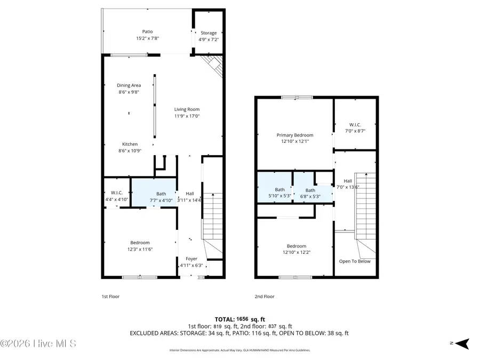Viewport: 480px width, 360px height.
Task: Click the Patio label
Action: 147,31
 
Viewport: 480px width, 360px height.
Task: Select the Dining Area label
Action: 129,85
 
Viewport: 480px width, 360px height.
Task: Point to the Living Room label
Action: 187,109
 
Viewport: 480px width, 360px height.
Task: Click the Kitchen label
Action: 130,144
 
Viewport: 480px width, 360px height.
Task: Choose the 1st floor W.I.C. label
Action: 117,193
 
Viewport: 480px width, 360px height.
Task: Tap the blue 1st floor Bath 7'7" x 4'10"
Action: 161,197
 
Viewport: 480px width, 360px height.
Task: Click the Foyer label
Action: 190,259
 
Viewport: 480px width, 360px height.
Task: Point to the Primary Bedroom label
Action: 294,135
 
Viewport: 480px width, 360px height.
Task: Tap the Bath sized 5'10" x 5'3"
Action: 280,189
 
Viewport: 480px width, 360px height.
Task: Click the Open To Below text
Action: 355,261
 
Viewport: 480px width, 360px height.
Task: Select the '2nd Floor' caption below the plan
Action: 265,297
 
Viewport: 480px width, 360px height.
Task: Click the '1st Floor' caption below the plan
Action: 110,297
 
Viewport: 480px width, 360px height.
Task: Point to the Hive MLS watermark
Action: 38,343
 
